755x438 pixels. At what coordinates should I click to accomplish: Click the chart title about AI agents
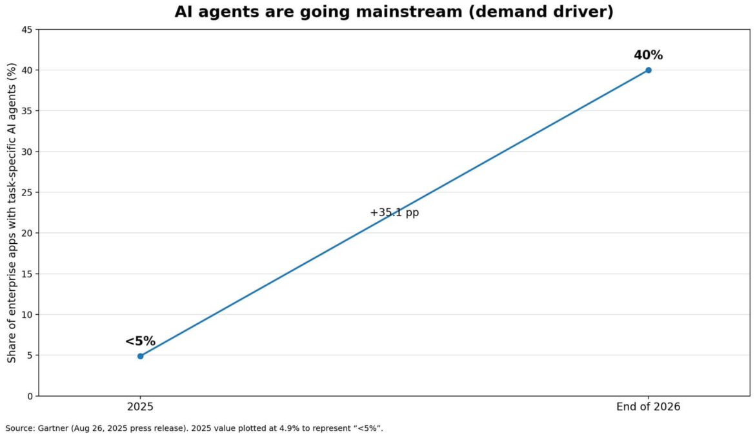(394, 12)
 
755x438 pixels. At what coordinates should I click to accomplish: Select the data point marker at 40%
(648, 70)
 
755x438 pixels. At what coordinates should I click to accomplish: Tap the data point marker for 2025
(140, 356)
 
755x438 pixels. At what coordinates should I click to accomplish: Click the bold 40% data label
(648, 55)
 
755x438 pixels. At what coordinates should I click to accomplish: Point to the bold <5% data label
(140, 341)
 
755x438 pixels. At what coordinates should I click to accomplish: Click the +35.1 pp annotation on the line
(394, 212)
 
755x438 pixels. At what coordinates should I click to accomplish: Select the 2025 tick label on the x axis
(140, 407)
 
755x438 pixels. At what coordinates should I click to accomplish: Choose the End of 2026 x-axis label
(648, 407)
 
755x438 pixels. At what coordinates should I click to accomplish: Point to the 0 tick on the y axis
(29, 396)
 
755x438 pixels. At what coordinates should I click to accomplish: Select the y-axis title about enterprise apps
(11, 212)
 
